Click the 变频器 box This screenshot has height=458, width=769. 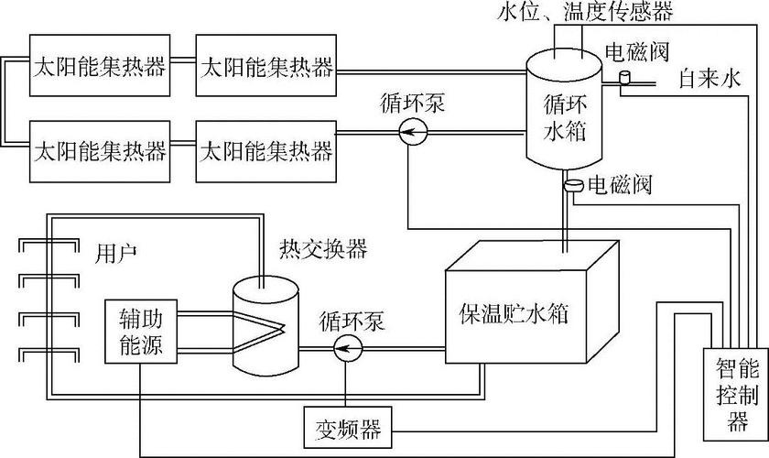point(349,427)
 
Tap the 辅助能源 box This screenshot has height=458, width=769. point(140,331)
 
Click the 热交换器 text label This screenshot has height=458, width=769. point(310,248)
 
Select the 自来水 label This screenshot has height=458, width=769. point(709,81)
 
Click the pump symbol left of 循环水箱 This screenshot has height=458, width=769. point(414,135)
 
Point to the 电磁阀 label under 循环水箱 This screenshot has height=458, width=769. point(619,186)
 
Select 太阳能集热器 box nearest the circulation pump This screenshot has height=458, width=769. point(265,148)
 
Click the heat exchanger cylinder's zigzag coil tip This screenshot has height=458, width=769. point(285,327)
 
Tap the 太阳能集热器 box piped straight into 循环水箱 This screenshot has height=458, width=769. point(265,67)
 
